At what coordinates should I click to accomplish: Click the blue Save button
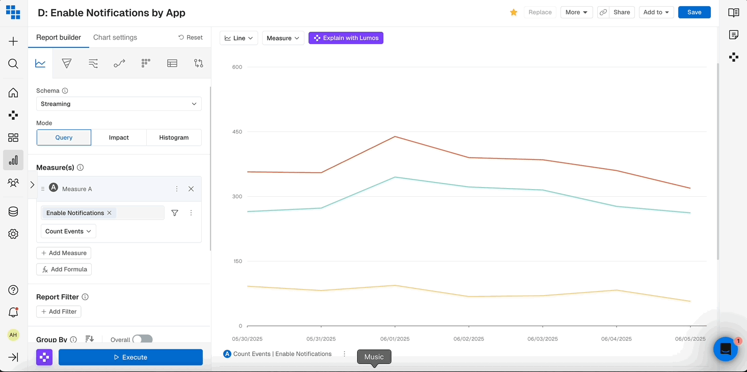tap(694, 12)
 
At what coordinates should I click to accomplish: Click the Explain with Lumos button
tap(346, 38)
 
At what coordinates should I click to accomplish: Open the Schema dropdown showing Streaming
tap(119, 104)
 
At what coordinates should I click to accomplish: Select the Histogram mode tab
tap(174, 138)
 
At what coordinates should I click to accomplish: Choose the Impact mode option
tap(119, 138)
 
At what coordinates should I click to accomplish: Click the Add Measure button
tap(64, 253)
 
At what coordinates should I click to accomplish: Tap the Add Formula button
tap(64, 270)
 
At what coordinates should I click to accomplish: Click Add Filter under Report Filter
tap(59, 312)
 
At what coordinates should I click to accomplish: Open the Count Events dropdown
tap(68, 231)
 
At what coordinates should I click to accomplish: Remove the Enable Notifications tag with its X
tap(109, 213)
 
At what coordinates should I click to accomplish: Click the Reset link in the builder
tap(191, 38)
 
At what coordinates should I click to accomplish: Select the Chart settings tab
tap(115, 38)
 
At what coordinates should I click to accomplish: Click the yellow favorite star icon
tap(514, 12)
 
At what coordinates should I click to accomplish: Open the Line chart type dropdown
tap(239, 38)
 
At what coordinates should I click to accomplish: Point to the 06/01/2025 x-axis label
tap(395, 339)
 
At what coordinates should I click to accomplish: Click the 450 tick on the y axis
tap(237, 132)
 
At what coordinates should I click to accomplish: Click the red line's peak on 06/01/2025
tap(395, 137)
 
